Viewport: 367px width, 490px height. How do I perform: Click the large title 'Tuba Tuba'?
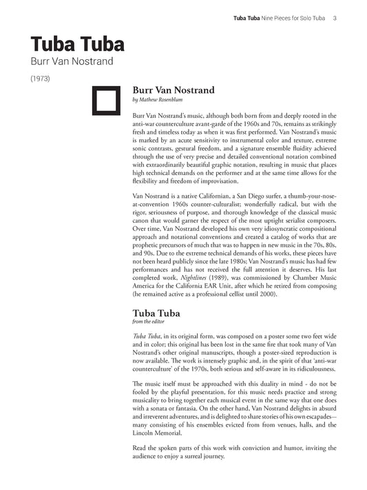(77, 44)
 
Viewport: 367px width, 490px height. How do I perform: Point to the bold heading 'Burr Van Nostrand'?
(173, 90)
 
